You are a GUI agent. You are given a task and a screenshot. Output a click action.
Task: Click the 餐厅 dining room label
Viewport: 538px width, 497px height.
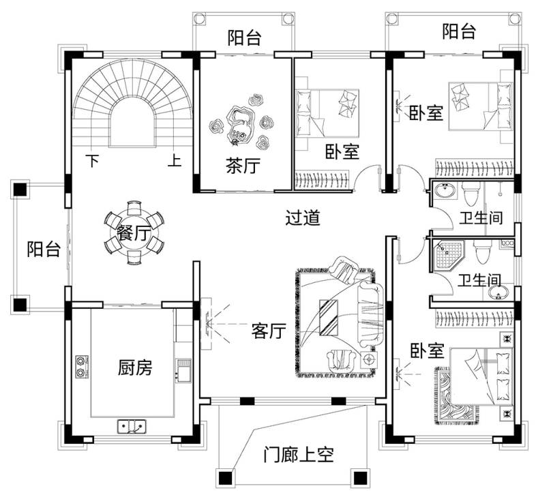134,234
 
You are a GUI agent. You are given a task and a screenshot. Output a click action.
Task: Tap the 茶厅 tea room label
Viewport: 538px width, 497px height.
243,166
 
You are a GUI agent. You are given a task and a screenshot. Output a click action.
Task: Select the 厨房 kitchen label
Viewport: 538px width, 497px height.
135,368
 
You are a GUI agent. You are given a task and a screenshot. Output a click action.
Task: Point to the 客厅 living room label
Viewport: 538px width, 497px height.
268,331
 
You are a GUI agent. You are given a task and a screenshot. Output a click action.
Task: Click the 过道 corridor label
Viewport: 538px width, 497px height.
303,219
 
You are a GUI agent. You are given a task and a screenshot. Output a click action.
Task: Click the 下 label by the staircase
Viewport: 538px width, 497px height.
92,162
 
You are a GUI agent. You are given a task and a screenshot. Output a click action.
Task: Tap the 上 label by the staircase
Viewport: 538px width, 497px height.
175,162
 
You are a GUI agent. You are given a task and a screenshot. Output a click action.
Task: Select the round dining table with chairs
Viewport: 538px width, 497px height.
134,233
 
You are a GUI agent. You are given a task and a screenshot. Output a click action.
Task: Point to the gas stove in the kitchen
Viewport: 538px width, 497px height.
83,366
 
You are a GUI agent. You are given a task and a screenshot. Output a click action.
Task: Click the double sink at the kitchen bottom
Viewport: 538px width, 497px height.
133,427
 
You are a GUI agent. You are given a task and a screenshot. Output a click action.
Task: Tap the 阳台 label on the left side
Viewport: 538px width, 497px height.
44,250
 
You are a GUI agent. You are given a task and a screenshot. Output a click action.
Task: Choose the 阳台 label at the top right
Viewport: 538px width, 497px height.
459,31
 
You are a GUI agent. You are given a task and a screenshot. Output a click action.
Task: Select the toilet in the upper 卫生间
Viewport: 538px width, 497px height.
471,194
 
